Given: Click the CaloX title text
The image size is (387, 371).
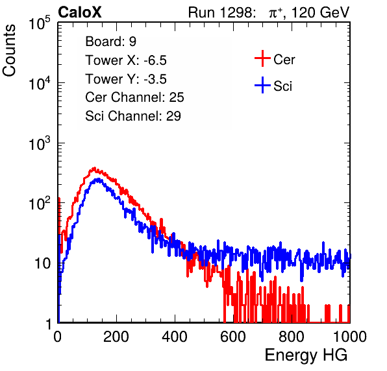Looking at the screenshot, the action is tap(79, 12).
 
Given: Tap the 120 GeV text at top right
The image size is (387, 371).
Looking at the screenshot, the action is tap(320, 12).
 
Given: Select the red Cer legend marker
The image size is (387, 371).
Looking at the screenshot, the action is tap(262, 58).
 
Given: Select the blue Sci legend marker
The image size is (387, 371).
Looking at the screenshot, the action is tap(262, 85).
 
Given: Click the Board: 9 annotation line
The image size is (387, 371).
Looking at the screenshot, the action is tap(111, 42).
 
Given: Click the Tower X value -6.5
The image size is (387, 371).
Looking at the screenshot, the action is tap(155, 60).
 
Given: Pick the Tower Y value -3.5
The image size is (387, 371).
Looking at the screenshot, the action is tap(155, 79).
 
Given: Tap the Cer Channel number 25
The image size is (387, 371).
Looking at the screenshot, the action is tap(177, 97).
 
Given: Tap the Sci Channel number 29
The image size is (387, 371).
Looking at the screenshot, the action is tap(173, 116).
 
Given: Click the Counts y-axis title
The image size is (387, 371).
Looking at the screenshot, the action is tap(9, 51).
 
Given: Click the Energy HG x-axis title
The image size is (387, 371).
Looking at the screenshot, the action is tap(306, 355).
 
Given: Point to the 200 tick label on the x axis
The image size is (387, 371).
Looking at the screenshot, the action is tap(116, 337).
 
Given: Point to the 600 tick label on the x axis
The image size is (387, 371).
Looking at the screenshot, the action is tap(233, 337).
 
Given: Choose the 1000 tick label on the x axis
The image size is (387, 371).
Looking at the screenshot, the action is tap(350, 337).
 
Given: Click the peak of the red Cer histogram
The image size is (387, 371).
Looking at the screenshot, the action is tap(94, 168).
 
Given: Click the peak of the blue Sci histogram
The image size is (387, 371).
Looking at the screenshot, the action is tap(98, 179).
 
